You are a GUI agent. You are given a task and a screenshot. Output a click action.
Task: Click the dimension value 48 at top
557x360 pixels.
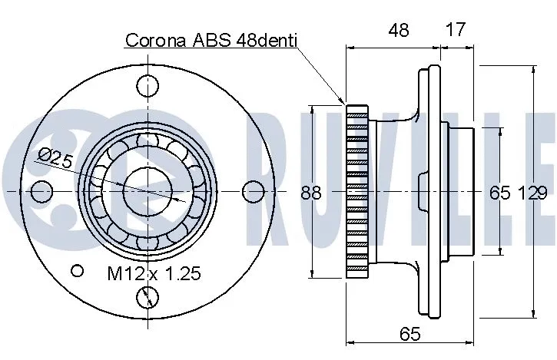pyautogui.click(x=398, y=31)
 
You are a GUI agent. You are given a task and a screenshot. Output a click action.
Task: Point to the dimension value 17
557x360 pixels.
pyautogui.click(x=456, y=31)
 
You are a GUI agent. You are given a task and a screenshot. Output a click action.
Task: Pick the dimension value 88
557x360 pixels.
pyautogui.click(x=310, y=193)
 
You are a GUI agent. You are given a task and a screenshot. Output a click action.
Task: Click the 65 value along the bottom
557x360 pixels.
pyautogui.click(x=409, y=335)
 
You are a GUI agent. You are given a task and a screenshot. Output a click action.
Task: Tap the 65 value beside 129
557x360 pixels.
pyautogui.click(x=499, y=193)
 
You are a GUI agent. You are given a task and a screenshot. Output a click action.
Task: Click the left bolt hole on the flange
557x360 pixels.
pyautogui.click(x=42, y=190)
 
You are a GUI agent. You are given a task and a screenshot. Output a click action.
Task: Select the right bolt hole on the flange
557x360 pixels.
pyautogui.click(x=252, y=190)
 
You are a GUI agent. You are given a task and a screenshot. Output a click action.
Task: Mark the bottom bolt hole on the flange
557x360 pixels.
pyautogui.click(x=147, y=296)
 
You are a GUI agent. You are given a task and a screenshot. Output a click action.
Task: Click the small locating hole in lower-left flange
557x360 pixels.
pyautogui.click(x=76, y=270)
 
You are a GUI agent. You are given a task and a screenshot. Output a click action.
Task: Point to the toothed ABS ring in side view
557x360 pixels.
pyautogui.click(x=358, y=190)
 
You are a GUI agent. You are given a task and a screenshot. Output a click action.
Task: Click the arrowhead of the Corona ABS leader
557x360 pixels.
pyautogui.click(x=343, y=102)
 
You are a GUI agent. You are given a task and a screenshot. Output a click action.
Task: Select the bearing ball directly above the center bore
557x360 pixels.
pyautogui.click(x=147, y=140)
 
